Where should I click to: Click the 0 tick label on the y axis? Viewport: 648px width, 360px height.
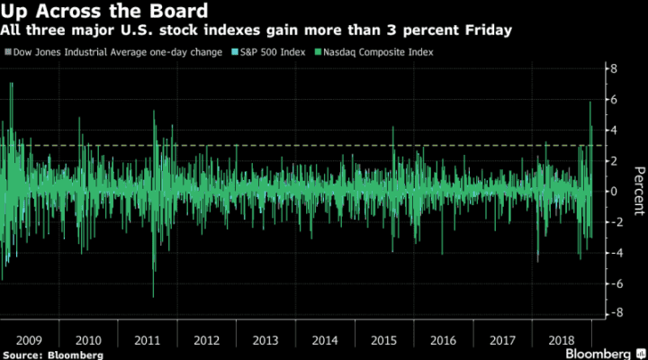pos(613,191)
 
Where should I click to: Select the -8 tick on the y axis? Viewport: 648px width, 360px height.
pos(611,313)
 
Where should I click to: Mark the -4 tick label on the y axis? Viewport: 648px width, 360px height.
pos(611,252)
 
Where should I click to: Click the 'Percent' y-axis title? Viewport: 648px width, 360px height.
pos(637,191)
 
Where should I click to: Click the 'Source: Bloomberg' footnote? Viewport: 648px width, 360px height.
pos(52,355)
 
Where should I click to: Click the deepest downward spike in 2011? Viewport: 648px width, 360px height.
pos(153,295)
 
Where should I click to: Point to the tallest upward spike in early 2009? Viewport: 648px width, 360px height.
pos(11,84)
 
